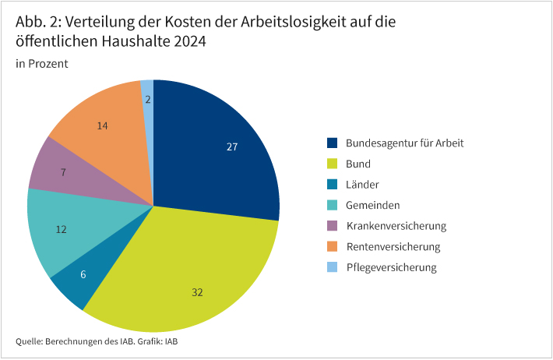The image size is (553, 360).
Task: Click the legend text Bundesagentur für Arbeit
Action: pyautogui.click(x=404, y=143)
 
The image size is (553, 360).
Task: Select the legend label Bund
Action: pyautogui.click(x=358, y=164)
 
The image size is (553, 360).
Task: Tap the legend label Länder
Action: pyautogui.click(x=361, y=185)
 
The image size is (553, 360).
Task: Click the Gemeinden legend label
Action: pyautogui.click(x=372, y=206)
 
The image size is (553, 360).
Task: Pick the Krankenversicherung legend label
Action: pyautogui.click(x=395, y=226)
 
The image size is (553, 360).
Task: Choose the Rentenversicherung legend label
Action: pyautogui.click(x=393, y=247)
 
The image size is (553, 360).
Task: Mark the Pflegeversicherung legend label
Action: pyautogui.click(x=391, y=267)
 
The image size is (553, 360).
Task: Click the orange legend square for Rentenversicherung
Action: pyautogui.click(x=332, y=247)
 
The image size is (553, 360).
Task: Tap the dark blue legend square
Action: pyautogui.click(x=332, y=143)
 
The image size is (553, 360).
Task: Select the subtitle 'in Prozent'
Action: pyautogui.click(x=42, y=64)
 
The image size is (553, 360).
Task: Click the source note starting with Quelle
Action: pyautogui.click(x=101, y=341)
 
